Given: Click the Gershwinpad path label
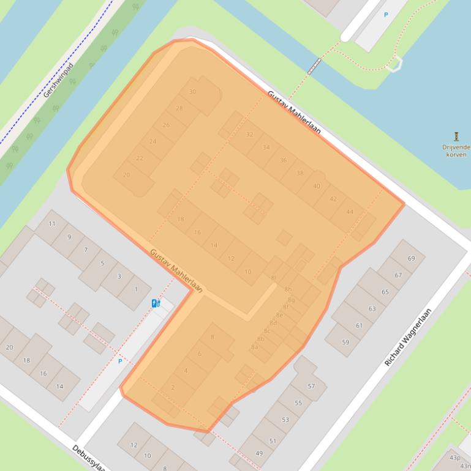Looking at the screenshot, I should pyautogui.click(x=59, y=80).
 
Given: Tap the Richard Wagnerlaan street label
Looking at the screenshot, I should pyautogui.click(x=408, y=337).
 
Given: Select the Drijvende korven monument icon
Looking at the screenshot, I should pyautogui.click(x=456, y=136).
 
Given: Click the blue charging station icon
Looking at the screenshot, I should pyautogui.click(x=156, y=303).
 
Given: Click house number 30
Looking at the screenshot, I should pyautogui.click(x=192, y=92).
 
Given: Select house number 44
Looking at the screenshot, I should pyautogui.click(x=350, y=212).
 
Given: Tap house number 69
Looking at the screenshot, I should pyautogui.click(x=411, y=258).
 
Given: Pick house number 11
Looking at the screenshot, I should pyautogui.click(x=52, y=224).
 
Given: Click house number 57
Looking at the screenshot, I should pyautogui.click(x=311, y=386).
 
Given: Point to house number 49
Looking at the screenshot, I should pyautogui.click(x=258, y=453).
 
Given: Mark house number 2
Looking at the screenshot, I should pyautogui.click(x=173, y=388).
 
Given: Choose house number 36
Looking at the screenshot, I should pyautogui.click(x=283, y=160).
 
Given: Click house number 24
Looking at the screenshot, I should pyautogui.click(x=153, y=141).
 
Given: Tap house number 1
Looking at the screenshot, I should pyautogui.click(x=136, y=289).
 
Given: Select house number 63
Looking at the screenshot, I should pyautogui.click(x=372, y=309).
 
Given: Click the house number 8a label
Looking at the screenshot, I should pyautogui.click(x=254, y=347).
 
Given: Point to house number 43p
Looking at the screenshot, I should pyautogui.click(x=454, y=458).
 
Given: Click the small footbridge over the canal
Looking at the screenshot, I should pyautogui.click(x=315, y=65).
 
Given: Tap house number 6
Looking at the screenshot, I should pyautogui.click(x=199, y=354).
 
